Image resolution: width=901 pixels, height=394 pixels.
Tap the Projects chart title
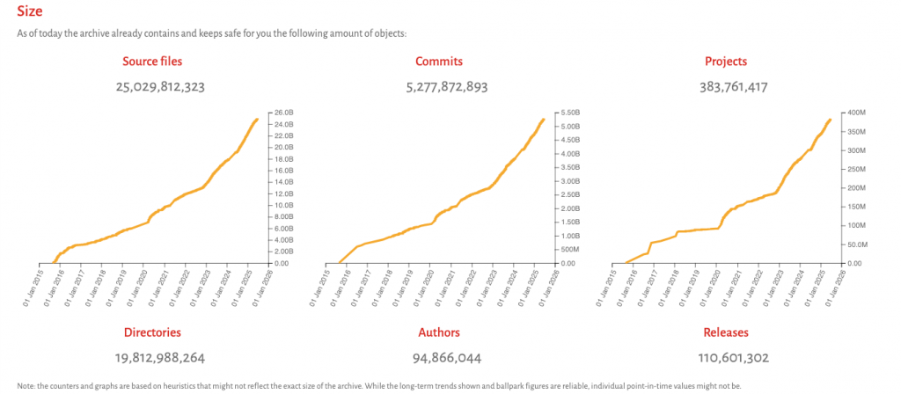pyautogui.click(x=726, y=62)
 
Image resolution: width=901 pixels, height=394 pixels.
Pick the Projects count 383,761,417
pyautogui.click(x=726, y=87)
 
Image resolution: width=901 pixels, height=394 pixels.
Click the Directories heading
pyautogui.click(x=153, y=332)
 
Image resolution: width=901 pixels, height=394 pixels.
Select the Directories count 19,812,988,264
pyautogui.click(x=153, y=357)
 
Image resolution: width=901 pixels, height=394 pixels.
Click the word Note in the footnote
pyautogui.click(x=25, y=385)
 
